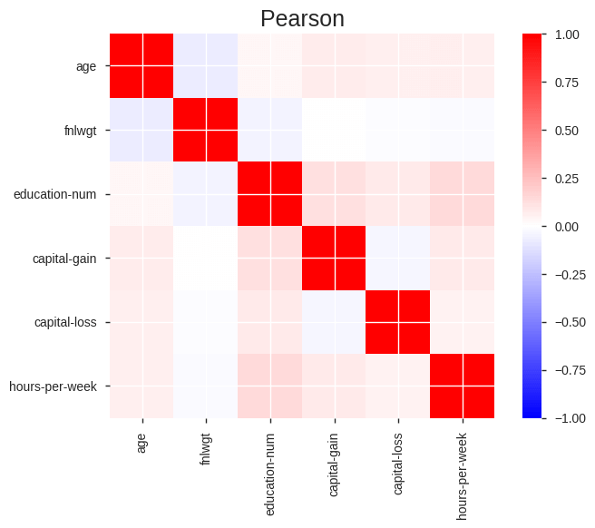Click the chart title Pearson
(302, 18)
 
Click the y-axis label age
(87, 66)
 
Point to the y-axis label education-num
(55, 194)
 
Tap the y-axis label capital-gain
(63, 259)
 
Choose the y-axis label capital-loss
(64, 322)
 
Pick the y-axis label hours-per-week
(53, 386)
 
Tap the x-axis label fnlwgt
(206, 448)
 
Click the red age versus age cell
(141, 66)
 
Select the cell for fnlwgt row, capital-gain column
(334, 130)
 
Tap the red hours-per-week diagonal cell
(463, 386)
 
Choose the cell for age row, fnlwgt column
(206, 66)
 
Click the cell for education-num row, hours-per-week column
(463, 194)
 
